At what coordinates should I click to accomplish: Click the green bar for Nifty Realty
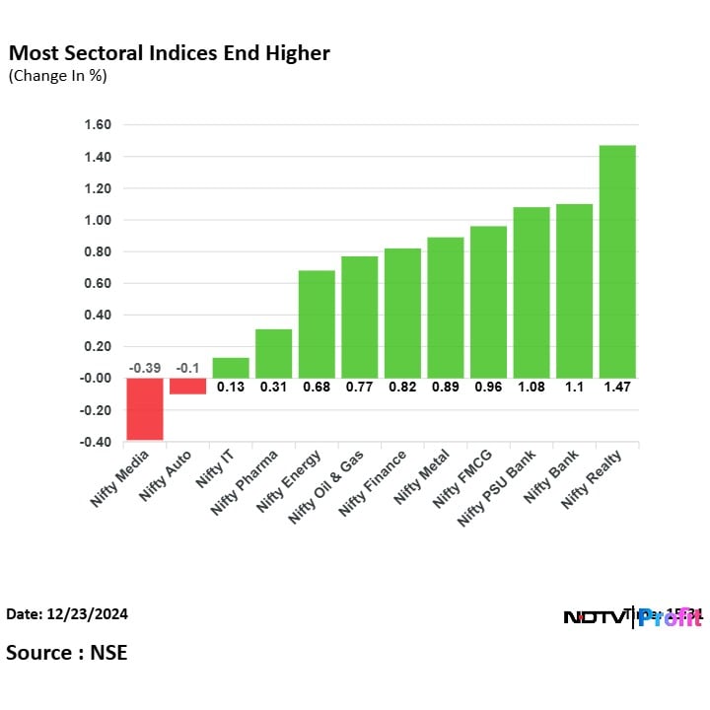point(617,261)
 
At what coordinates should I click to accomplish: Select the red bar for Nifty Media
point(144,408)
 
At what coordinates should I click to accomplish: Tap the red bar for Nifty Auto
point(187,386)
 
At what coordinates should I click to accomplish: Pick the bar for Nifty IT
point(230,367)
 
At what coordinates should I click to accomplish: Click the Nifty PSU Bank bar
point(532,292)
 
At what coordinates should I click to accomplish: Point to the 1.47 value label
point(617,388)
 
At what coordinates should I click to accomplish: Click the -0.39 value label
point(144,368)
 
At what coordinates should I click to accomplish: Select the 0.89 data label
point(445,388)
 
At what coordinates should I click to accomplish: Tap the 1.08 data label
point(532,388)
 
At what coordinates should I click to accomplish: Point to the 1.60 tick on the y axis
point(98,125)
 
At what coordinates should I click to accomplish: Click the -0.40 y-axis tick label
point(96,441)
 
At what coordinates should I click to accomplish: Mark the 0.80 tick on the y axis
point(98,251)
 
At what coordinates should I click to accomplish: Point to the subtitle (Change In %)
point(57,76)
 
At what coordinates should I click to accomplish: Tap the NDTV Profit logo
point(631,617)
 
